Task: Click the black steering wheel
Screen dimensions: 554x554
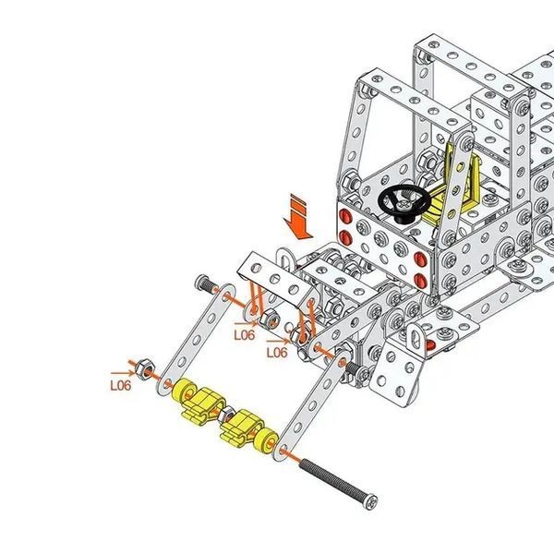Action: (x=403, y=201)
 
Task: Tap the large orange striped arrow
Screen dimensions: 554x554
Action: (x=297, y=217)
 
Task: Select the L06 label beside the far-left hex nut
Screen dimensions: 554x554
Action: (x=120, y=385)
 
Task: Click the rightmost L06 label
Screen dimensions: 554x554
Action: (x=277, y=353)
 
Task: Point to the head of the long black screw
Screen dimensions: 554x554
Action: (x=371, y=501)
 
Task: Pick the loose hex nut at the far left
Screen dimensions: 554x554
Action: (x=144, y=368)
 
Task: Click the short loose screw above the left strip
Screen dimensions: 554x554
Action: (x=207, y=283)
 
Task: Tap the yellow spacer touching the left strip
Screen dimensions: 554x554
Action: (x=184, y=390)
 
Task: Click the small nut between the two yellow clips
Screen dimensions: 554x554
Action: (x=225, y=415)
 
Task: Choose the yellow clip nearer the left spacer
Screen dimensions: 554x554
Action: (x=203, y=405)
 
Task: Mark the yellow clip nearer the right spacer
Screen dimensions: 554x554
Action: (x=241, y=428)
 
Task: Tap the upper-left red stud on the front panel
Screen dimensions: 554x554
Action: (x=344, y=215)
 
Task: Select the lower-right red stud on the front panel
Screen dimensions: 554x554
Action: (x=420, y=280)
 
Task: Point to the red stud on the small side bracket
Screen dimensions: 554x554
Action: (x=430, y=344)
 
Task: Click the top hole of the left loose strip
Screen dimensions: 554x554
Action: (x=226, y=295)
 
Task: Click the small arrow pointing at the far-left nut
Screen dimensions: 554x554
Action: (x=123, y=373)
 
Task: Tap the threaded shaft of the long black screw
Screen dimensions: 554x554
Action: (x=332, y=480)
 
